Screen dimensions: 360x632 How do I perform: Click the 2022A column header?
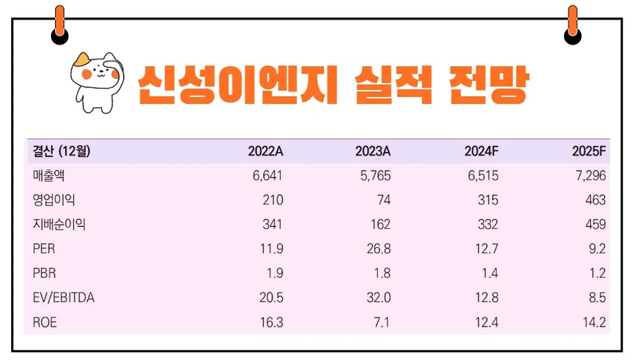pos(265,152)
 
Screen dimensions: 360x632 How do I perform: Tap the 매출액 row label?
pos(49,176)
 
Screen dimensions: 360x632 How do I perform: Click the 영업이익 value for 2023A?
pos(383,200)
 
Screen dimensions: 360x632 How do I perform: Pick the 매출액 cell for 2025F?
pos(589,176)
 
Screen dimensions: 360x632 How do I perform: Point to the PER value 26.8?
pos(378,249)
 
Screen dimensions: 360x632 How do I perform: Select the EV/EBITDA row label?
pos(64,298)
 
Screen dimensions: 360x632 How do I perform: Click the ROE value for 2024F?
pos(487,323)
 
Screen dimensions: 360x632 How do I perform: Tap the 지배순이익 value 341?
pos(272,225)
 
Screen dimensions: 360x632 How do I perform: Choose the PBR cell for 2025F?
pos(596,273)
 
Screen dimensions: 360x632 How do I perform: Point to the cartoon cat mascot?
pos(95,80)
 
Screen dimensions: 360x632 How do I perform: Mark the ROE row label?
pos(45,323)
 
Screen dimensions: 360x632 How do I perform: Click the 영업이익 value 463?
pos(595,200)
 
